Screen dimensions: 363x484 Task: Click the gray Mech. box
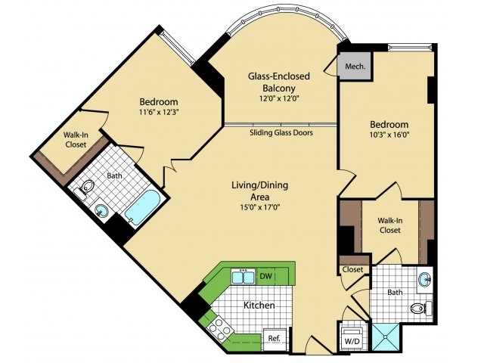pyautogui.click(x=355, y=67)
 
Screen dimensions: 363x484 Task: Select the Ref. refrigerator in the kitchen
pyautogui.click(x=274, y=339)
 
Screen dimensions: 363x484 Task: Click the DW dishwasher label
pyautogui.click(x=265, y=278)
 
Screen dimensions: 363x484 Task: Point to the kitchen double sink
pyautogui.click(x=243, y=277)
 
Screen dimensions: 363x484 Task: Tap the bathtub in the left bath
pyautogui.click(x=142, y=208)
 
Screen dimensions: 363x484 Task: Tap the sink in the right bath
pyautogui.click(x=426, y=281)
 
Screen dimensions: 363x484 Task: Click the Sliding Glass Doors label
pyautogui.click(x=281, y=132)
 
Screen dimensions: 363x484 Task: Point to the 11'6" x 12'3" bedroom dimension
pyautogui.click(x=158, y=113)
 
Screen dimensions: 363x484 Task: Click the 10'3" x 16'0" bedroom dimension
pyautogui.click(x=389, y=136)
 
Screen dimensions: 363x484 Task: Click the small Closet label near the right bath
pyautogui.click(x=352, y=269)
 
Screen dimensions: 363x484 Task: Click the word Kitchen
pyautogui.click(x=258, y=306)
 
